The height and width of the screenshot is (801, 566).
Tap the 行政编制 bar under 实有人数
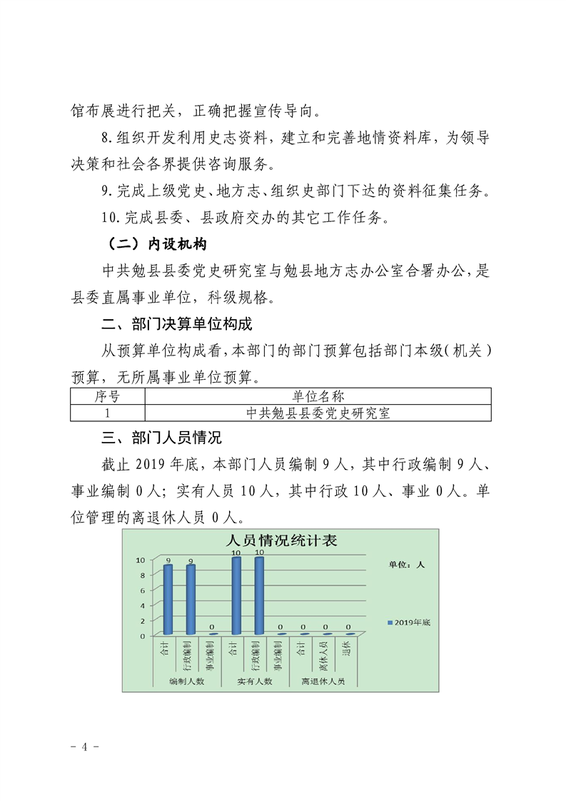tap(259, 595)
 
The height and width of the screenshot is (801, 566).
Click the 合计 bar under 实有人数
tap(236, 595)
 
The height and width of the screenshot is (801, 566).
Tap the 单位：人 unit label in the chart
tap(406, 565)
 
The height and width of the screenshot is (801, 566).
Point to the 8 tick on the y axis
tap(143, 575)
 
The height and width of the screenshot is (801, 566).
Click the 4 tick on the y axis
tap(143, 605)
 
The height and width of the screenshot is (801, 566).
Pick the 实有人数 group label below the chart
tap(255, 682)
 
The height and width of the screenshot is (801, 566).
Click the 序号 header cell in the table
tap(107, 396)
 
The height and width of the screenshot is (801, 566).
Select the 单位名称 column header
tap(318, 396)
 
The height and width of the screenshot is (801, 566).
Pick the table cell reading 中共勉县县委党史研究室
tap(318, 413)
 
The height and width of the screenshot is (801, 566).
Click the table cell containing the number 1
tap(107, 413)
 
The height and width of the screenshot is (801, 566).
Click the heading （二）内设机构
tap(153, 245)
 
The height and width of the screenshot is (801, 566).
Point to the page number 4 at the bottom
tap(85, 747)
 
